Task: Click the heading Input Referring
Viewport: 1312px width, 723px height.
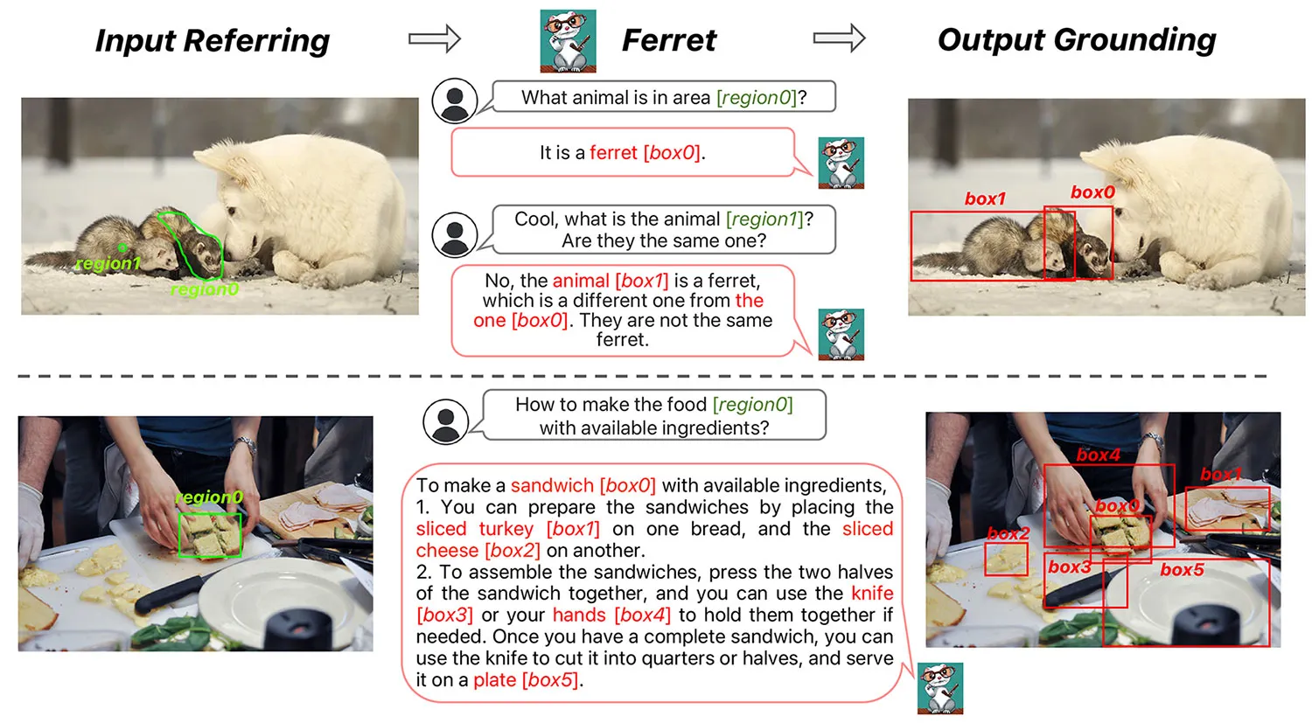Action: pos(213,40)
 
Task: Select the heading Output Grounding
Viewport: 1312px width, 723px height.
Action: pos(1077,39)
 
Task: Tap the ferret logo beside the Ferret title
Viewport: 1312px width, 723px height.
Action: pos(568,40)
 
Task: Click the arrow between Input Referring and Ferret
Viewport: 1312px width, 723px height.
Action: pos(434,38)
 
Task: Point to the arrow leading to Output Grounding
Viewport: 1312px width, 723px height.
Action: pos(839,38)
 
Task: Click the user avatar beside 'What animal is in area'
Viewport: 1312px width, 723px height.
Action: pos(454,101)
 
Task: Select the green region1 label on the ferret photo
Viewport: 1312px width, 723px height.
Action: pos(108,263)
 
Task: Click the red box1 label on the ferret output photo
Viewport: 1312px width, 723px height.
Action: pos(985,199)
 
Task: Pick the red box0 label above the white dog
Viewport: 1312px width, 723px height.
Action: pos(1092,192)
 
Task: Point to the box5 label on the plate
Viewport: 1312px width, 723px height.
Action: pos(1182,570)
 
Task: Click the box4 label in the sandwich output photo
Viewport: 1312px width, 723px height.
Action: pos(1098,455)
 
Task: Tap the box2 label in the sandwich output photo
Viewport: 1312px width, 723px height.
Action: pos(1008,533)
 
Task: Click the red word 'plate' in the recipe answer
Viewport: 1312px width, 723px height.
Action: pos(494,680)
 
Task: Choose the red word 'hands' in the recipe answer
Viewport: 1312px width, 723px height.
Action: pos(578,615)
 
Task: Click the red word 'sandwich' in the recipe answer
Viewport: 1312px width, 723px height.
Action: pos(552,485)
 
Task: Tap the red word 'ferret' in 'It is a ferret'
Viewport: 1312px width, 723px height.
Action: pos(613,153)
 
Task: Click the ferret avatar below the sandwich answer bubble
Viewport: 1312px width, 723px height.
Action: pos(939,688)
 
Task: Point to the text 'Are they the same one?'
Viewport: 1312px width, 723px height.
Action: pos(663,240)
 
